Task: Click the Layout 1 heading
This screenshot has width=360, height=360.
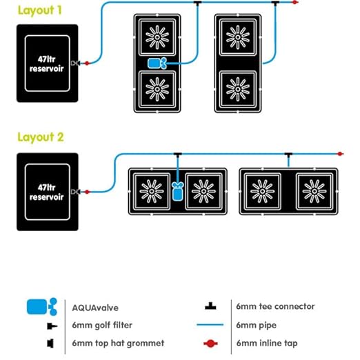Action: [40, 10]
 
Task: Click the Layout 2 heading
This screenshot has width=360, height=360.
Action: [41, 137]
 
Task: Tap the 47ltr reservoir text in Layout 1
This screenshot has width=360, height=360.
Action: [47, 64]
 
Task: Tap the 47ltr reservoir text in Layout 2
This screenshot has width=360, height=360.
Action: [47, 192]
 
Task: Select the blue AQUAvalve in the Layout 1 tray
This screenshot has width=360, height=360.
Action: [157, 63]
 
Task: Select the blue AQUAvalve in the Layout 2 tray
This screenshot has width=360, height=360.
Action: [178, 191]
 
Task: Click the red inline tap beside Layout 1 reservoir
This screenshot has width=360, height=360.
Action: [87, 63]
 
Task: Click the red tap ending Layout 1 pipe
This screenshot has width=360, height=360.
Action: [295, 2]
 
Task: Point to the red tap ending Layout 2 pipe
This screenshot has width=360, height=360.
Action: [340, 154]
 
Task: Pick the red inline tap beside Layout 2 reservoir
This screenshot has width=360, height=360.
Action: [87, 192]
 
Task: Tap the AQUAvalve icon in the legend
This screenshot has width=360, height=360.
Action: [42, 307]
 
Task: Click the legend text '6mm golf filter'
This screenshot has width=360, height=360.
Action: [102, 326]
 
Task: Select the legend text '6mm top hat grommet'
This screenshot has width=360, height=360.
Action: [118, 343]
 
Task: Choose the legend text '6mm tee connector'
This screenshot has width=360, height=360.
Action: [275, 306]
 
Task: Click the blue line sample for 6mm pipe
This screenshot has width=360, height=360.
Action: [210, 325]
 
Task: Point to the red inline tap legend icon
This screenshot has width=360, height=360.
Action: [210, 343]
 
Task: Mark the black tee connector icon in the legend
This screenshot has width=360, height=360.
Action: [210, 306]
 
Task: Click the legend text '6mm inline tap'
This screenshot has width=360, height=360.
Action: [267, 343]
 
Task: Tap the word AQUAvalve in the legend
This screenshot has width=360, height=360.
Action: [95, 308]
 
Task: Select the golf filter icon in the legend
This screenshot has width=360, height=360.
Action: [52, 326]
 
